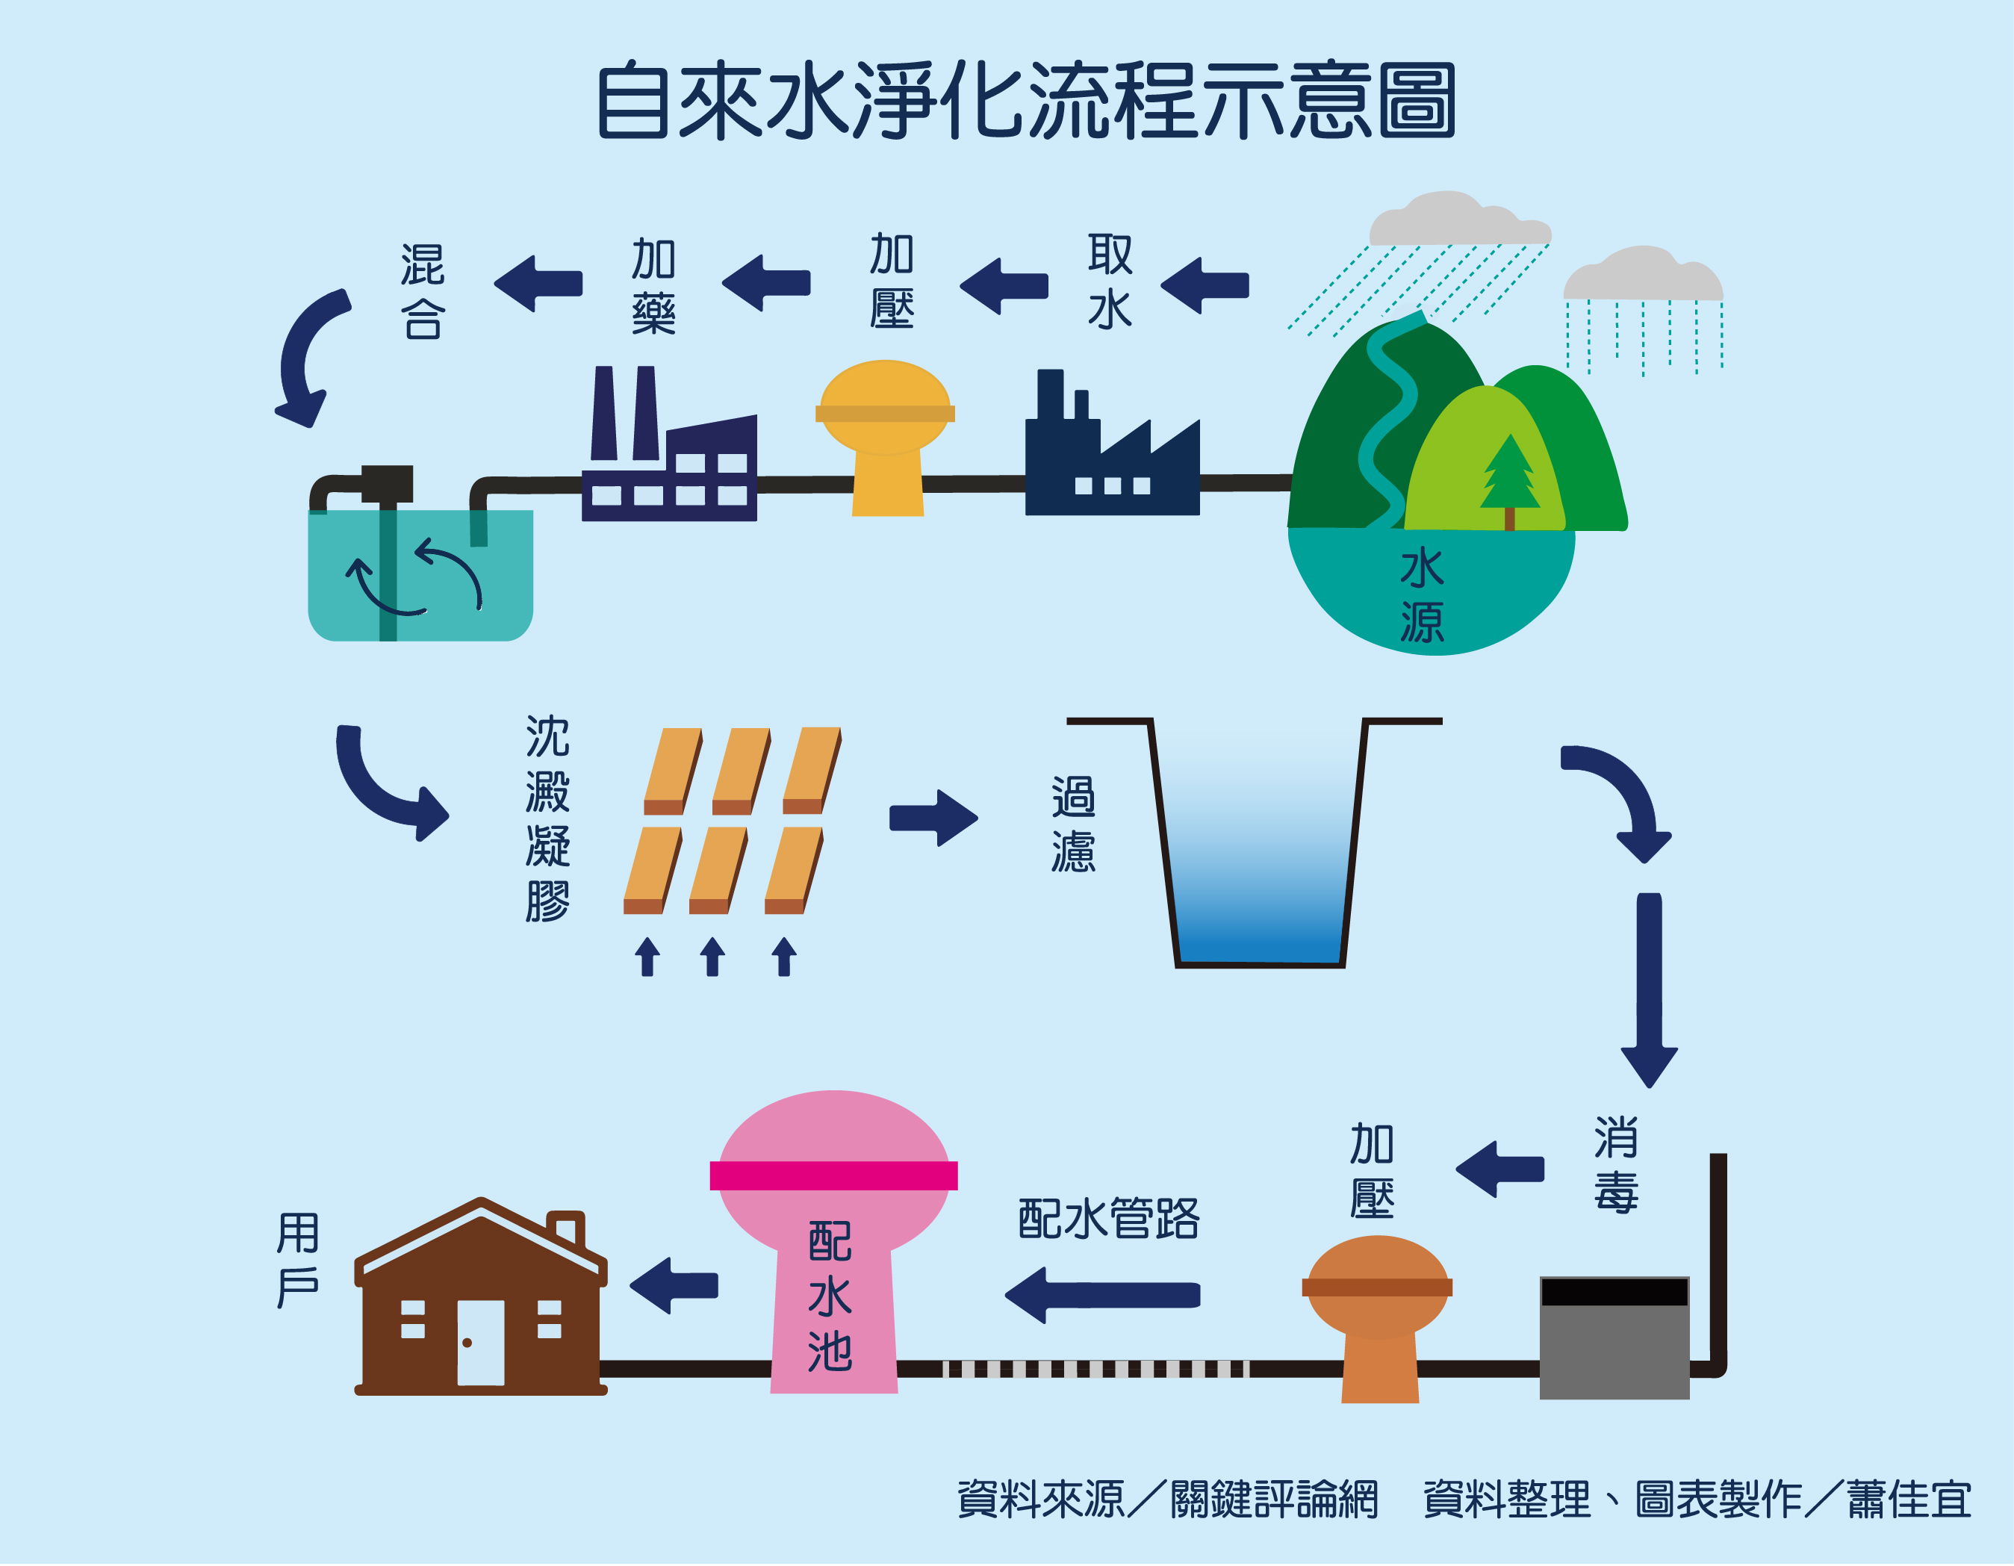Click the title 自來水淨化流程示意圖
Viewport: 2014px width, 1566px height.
pos(1025,102)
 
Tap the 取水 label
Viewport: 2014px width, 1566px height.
pos(1110,282)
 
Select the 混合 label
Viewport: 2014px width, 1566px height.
pos(423,291)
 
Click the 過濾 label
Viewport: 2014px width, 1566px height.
pos(1073,824)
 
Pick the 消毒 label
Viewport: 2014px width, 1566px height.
pos(1616,1165)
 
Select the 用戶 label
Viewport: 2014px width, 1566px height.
pos(298,1260)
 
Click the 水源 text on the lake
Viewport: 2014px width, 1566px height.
pos(1422,595)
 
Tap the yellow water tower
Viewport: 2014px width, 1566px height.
pos(885,438)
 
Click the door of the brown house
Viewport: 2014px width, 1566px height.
pos(480,1342)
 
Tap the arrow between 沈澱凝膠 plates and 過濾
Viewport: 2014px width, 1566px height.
pos(932,817)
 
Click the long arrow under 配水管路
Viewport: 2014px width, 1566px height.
pos(1102,1295)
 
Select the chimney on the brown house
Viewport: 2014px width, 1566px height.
pos(567,1228)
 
